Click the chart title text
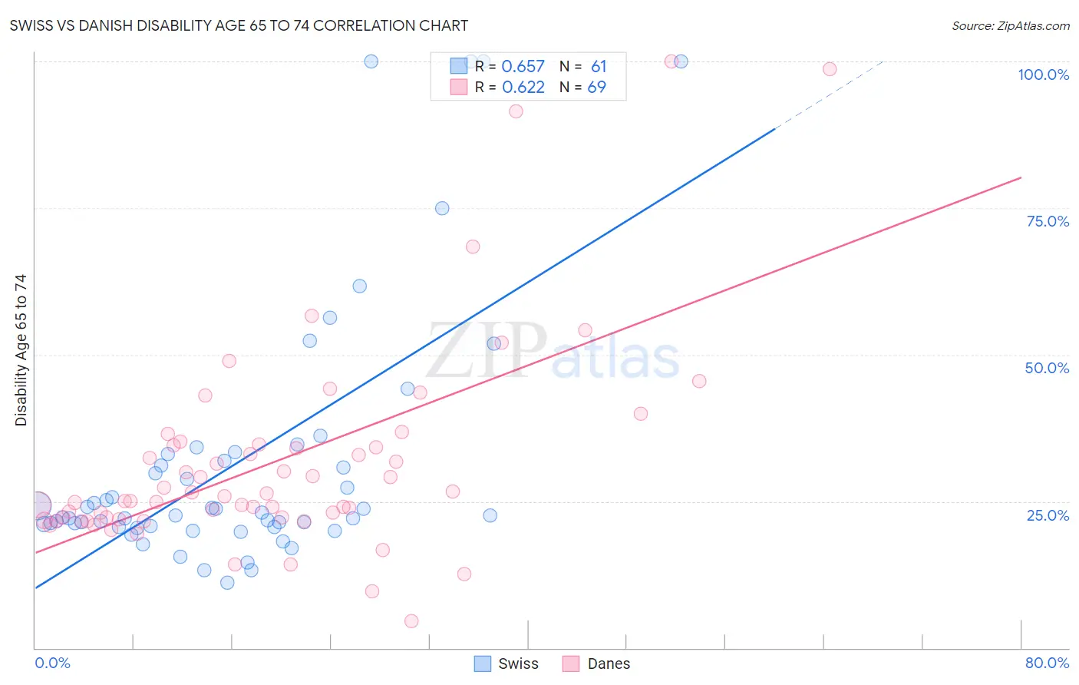(239, 25)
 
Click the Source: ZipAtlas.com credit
(1010, 25)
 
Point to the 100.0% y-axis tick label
(1043, 74)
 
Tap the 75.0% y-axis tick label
(1048, 221)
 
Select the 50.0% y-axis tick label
(1047, 368)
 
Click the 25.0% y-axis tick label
(1048, 515)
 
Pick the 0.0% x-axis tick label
(52, 663)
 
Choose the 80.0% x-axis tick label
(1047, 663)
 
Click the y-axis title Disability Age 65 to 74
(21, 349)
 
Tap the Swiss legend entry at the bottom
(507, 663)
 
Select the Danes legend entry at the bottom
(596, 663)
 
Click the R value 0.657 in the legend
(523, 67)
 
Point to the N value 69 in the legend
(596, 88)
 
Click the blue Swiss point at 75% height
(442, 208)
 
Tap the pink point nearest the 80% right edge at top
(830, 69)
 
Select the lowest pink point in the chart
(411, 621)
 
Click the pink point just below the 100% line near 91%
(516, 111)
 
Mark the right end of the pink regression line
(1020, 177)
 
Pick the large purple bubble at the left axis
(36, 505)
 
